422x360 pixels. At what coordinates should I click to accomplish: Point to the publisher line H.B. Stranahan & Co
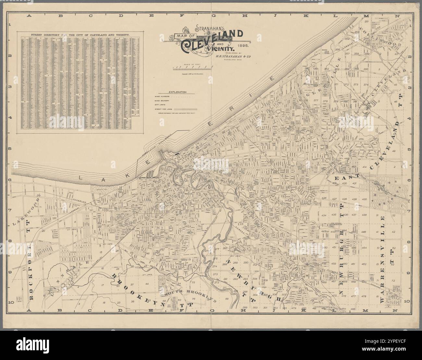(233, 56)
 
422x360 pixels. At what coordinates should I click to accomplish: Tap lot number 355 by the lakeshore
(327, 52)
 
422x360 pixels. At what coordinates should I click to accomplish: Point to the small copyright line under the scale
(192, 74)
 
